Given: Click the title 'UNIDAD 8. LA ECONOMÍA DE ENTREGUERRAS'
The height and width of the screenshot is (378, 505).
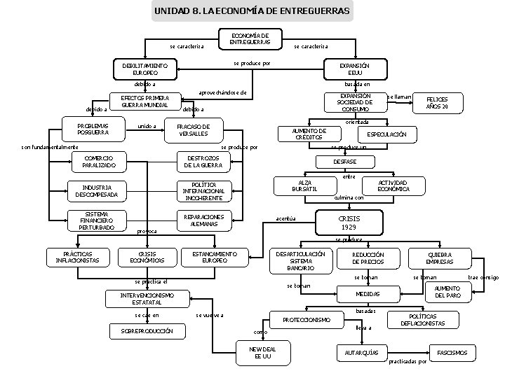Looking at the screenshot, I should pos(252,11).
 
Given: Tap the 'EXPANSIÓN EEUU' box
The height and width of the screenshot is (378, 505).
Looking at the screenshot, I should pos(355,69).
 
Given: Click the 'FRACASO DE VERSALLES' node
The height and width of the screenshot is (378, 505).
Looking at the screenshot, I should pos(194,130).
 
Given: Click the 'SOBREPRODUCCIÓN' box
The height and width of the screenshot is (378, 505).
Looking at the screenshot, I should pos(147,330).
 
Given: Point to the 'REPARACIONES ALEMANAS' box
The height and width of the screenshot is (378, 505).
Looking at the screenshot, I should pos(203,220).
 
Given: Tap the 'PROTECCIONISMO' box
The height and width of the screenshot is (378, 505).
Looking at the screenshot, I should pos(307,319).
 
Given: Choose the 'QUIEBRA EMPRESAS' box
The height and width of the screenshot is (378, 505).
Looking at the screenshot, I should pos(440,258).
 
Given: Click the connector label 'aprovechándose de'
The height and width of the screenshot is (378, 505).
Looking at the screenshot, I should pos(222,92).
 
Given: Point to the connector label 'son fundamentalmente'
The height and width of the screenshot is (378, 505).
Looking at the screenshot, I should pos(50,148).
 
